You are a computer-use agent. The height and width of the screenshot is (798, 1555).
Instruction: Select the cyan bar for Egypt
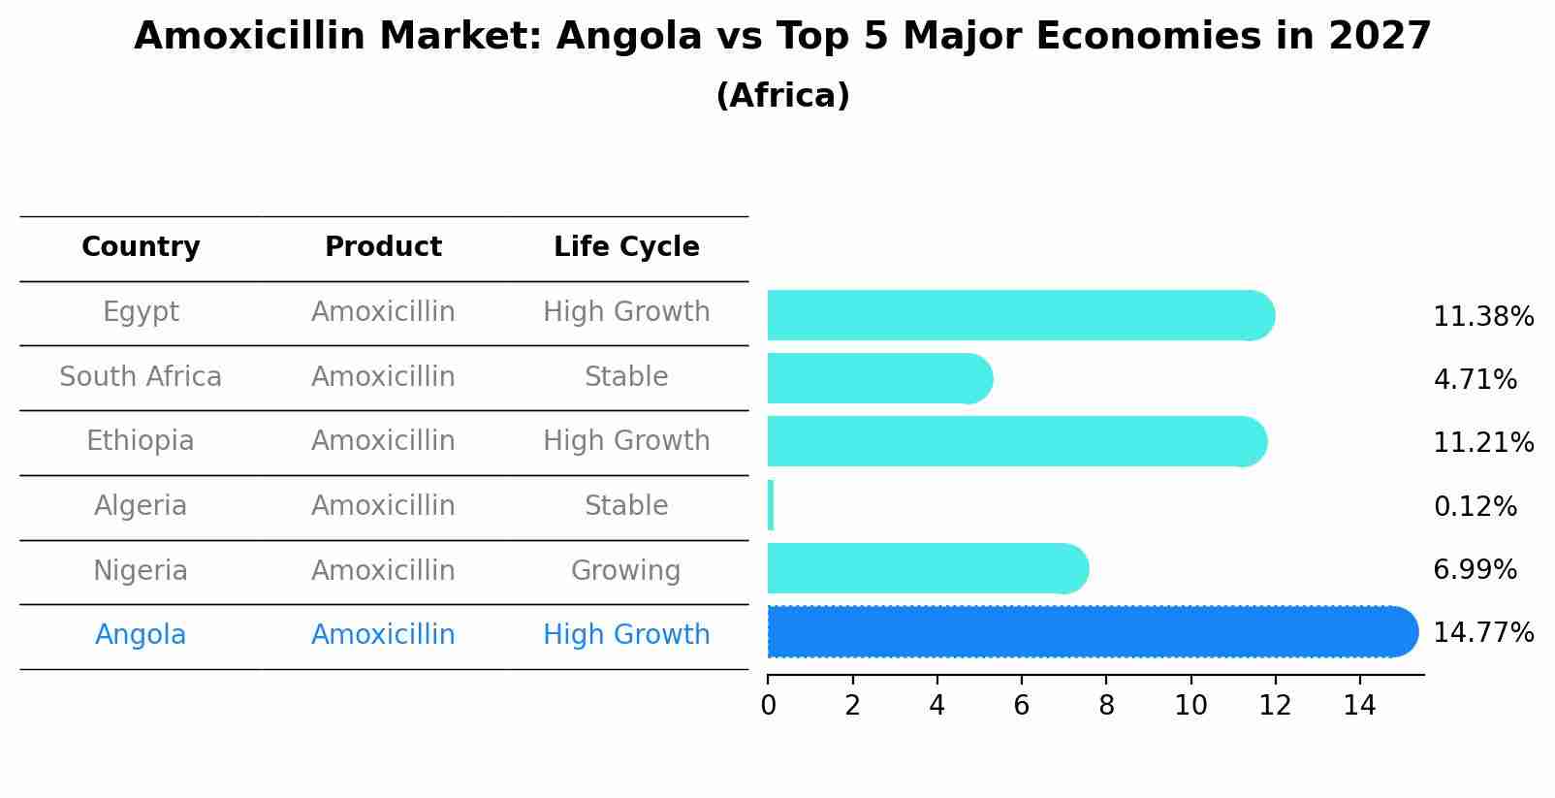1018,315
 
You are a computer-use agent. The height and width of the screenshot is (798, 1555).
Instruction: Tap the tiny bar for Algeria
771,505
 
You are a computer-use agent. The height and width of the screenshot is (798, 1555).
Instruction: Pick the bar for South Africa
877,378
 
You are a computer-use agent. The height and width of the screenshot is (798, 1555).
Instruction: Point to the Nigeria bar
926,568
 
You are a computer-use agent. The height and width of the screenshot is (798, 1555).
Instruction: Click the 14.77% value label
1482,633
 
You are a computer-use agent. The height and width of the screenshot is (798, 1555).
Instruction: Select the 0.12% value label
1475,506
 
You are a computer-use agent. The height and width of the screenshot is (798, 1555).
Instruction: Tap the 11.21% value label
1482,443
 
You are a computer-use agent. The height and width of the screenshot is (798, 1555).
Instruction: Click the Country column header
141,247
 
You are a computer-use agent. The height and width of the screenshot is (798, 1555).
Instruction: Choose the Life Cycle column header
626,247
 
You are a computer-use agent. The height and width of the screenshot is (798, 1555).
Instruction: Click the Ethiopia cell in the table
141,441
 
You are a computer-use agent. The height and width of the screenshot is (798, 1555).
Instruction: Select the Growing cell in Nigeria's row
625,570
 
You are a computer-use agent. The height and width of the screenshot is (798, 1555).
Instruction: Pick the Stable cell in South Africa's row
625,376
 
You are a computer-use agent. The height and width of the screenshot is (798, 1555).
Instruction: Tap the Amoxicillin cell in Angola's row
383,635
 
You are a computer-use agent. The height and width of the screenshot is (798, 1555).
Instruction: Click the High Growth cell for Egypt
626,312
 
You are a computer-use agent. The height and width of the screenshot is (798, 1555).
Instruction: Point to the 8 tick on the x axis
1106,705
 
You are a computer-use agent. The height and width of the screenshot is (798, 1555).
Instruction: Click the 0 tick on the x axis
768,705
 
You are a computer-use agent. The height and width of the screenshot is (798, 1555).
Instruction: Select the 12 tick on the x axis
1275,705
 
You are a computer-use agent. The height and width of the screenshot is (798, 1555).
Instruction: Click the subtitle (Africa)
782,96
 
